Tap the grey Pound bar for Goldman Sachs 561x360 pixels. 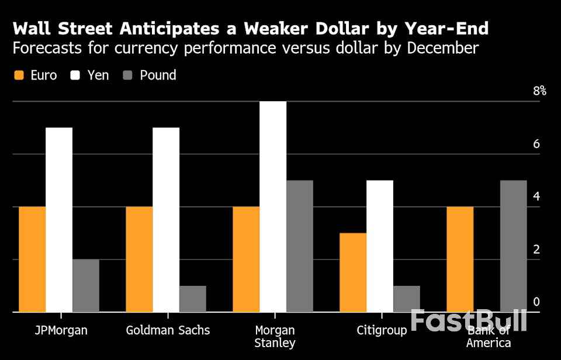[x=193, y=299]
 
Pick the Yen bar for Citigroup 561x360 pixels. [x=380, y=246]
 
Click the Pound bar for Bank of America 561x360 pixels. [x=514, y=246]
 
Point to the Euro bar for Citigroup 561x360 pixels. [x=353, y=272]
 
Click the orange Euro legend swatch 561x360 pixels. [x=19, y=75]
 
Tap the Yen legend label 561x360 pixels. [x=98, y=75]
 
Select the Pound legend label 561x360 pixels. [x=158, y=75]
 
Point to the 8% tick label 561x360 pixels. [x=539, y=91]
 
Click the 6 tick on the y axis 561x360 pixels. [x=536, y=144]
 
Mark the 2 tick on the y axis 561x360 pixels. [x=536, y=250]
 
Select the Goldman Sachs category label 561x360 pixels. [x=168, y=330]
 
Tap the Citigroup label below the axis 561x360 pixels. [x=382, y=330]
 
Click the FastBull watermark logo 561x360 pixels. [x=468, y=321]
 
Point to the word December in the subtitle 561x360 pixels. [x=443, y=48]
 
